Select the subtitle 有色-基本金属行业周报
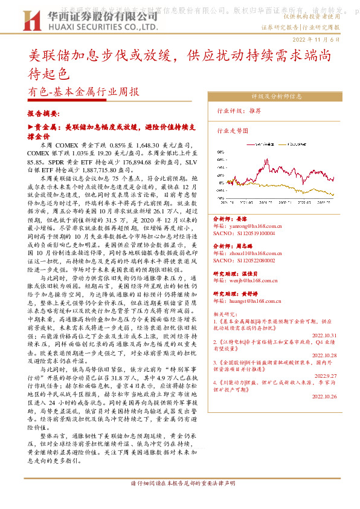(83, 92)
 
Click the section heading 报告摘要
(43, 113)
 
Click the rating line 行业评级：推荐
(239, 111)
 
